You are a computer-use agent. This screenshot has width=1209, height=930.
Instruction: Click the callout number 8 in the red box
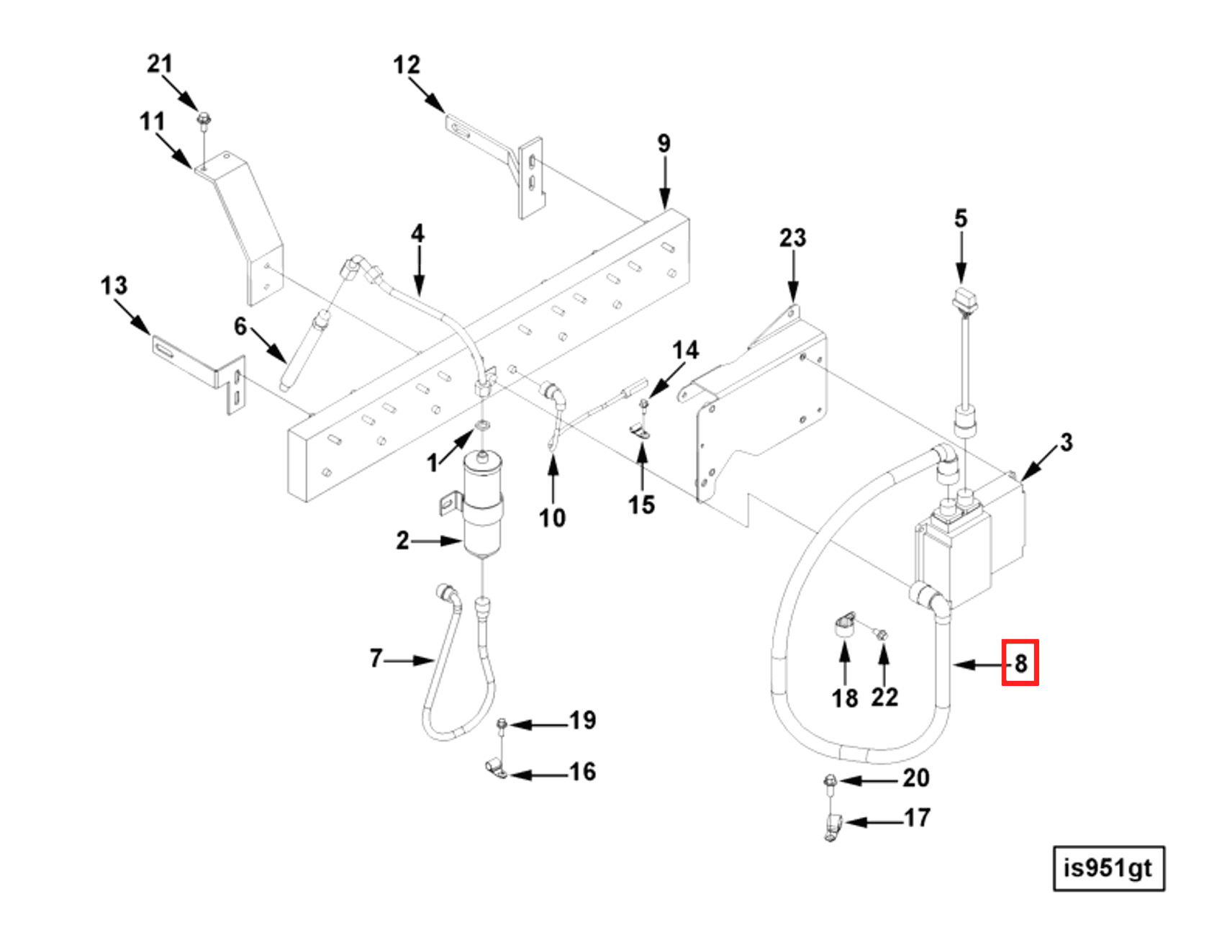(1020, 662)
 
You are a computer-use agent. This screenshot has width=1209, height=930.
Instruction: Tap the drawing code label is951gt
(1108, 868)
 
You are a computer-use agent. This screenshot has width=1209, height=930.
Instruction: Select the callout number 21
(160, 64)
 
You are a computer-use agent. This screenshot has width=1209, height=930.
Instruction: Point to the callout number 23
(792, 238)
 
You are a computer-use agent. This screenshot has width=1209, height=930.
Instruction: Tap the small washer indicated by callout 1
(481, 428)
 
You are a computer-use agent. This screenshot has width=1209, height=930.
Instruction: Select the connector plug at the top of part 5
(964, 298)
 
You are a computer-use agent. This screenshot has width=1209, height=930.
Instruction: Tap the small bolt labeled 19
(502, 723)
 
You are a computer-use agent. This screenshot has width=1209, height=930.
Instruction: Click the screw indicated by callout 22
(882, 634)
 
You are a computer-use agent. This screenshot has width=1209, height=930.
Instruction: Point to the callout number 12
(406, 66)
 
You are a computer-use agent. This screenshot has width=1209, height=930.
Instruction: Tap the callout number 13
(114, 286)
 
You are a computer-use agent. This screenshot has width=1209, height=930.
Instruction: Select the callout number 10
(552, 518)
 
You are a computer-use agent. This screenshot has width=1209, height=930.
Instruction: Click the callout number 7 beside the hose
(376, 658)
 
